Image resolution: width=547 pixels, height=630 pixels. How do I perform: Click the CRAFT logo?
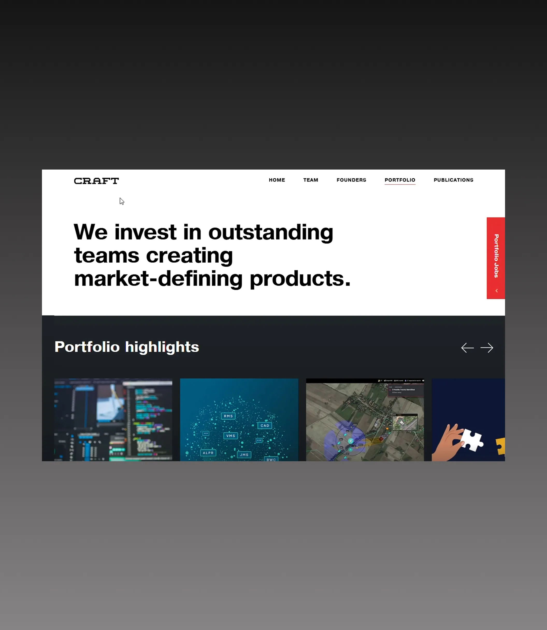[96, 181]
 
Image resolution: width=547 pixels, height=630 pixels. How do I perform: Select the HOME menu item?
[277, 180]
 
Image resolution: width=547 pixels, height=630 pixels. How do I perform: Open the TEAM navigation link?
[311, 180]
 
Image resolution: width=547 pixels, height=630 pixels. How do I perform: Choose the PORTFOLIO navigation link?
[400, 180]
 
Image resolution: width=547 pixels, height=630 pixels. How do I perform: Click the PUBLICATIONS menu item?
[453, 180]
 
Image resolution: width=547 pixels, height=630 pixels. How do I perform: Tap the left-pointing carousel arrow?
[467, 348]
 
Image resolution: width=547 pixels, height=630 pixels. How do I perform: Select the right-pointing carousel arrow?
[487, 348]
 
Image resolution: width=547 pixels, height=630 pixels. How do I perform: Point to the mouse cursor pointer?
[121, 201]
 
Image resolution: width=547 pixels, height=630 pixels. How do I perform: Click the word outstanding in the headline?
[270, 232]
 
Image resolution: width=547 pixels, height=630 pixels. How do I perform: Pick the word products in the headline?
[300, 279]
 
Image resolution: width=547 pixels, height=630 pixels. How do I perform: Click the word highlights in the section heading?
[162, 347]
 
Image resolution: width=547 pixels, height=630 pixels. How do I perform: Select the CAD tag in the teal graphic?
[265, 425]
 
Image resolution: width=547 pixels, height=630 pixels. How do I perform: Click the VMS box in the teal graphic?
[231, 436]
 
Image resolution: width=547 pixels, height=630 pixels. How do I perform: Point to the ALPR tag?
[208, 453]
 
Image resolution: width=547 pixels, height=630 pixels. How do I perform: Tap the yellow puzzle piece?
[501, 446]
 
